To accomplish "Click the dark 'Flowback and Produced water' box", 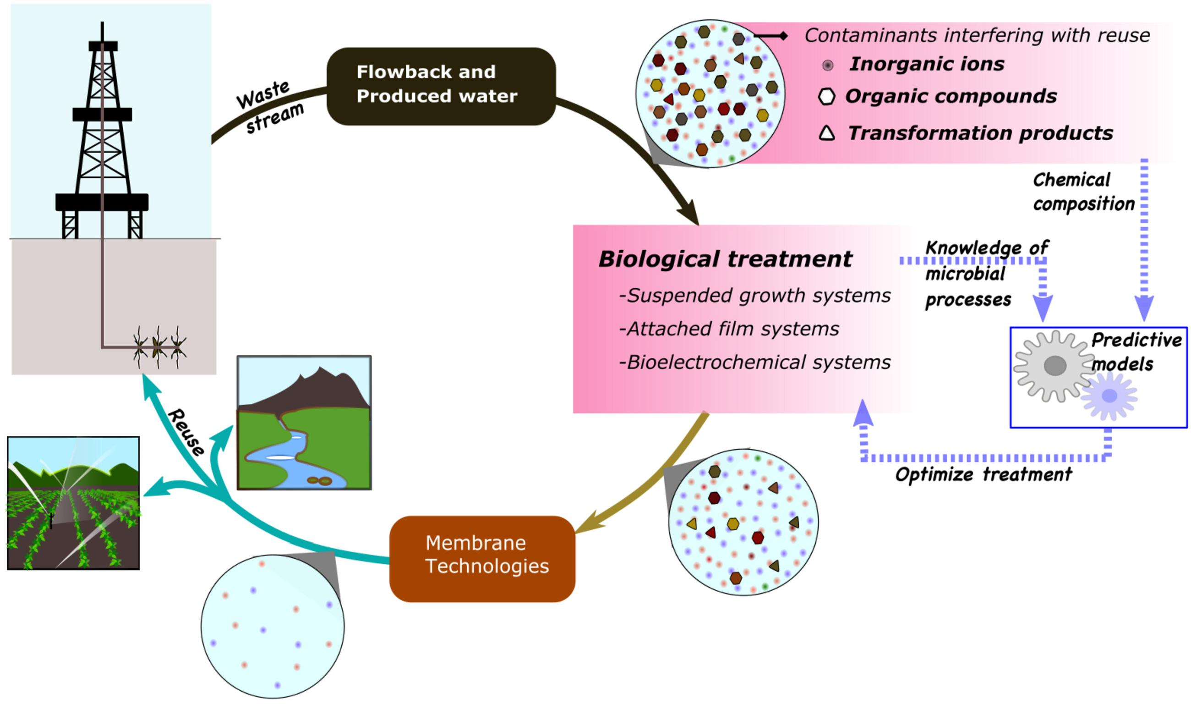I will (x=441, y=86).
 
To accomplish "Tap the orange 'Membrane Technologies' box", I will (x=482, y=559).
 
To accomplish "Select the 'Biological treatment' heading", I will (x=725, y=259).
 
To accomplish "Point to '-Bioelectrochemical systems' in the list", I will (x=755, y=363).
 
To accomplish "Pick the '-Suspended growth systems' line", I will (x=755, y=296).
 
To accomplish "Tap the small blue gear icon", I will (x=1109, y=396).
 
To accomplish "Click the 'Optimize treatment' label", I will (x=983, y=474).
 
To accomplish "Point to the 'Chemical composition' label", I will (x=1083, y=192).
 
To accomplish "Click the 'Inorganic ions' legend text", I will (x=926, y=64).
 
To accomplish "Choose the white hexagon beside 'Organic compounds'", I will (x=826, y=97).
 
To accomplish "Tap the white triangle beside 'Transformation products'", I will (x=826, y=133).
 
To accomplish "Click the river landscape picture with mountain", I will (x=304, y=422).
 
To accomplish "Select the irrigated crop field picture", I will (x=73, y=503).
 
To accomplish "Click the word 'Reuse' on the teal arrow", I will (x=186, y=432).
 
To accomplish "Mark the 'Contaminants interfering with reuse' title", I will (x=977, y=35).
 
